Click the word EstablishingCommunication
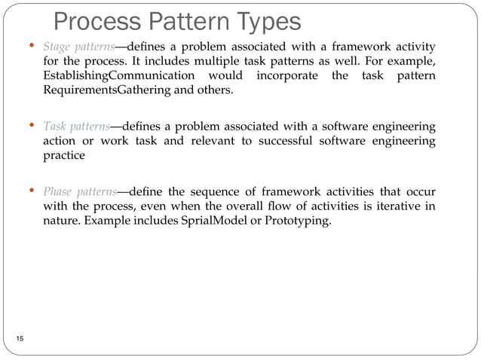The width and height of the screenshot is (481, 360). [116, 78]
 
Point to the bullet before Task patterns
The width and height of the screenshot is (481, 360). [32, 125]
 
